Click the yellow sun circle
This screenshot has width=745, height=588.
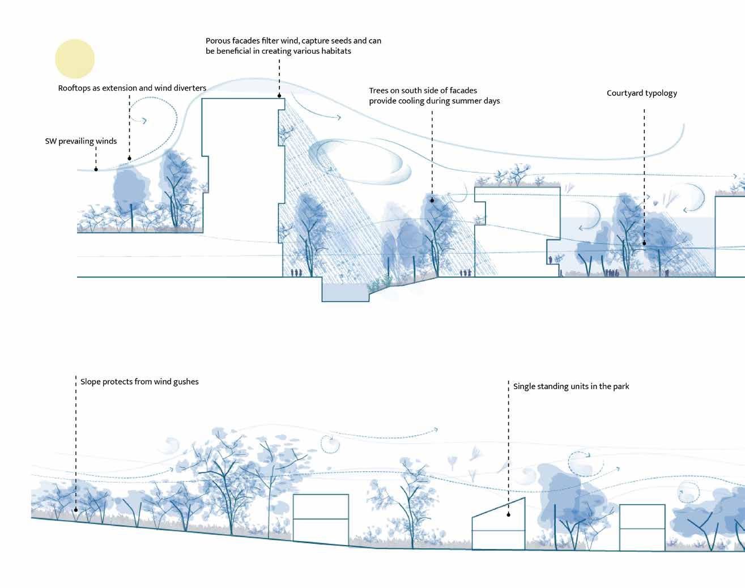click(75, 59)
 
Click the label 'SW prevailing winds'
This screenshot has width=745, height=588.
click(80, 141)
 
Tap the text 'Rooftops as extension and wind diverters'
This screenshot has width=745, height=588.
click(132, 88)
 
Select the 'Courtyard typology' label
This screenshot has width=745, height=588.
click(641, 93)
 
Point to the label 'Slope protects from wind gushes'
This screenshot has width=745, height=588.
click(139, 382)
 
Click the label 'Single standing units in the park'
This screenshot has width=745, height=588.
click(571, 386)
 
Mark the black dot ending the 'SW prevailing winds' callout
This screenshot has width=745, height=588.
click(96, 169)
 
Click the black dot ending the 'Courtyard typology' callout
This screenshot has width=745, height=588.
click(644, 244)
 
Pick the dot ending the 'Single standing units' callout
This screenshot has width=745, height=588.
click(509, 515)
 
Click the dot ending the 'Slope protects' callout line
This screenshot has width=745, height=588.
click(76, 510)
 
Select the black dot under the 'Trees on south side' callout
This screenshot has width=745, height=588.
click(432, 201)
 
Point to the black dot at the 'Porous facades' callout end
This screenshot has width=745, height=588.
click(280, 97)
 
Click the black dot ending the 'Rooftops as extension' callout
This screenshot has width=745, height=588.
click(130, 159)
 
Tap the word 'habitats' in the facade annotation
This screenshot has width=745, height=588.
click(335, 52)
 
